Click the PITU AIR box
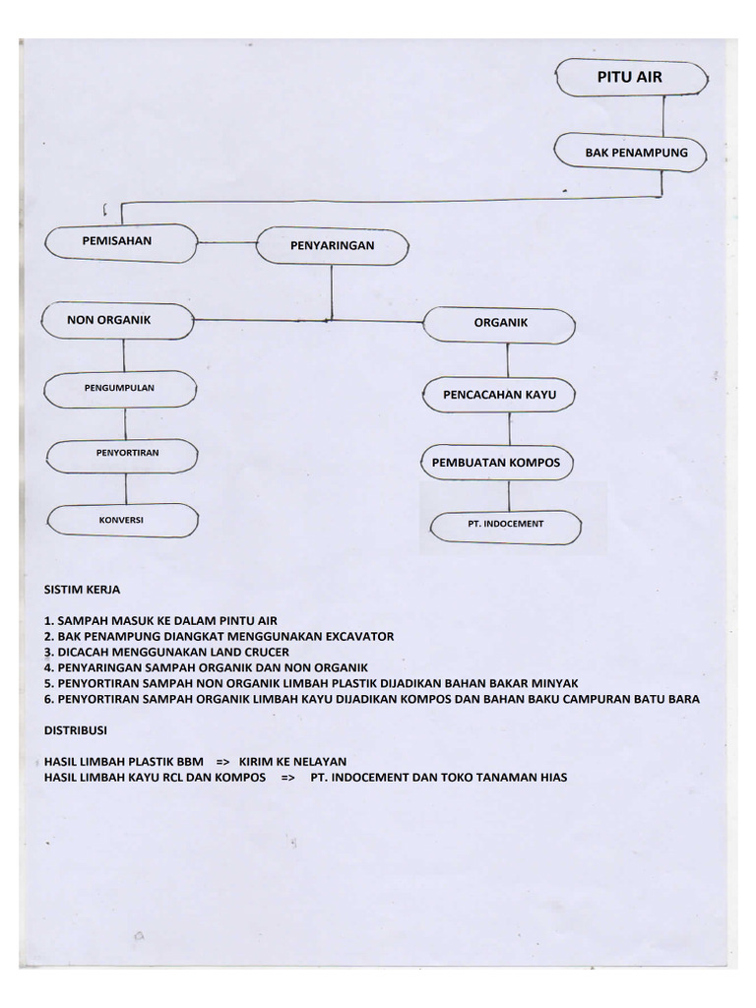point(630,78)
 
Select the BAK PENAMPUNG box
point(635,153)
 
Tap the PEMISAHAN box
point(117,240)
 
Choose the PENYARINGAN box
point(332,245)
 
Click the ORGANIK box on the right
point(500,323)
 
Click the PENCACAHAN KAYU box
point(500,395)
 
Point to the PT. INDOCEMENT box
point(505,525)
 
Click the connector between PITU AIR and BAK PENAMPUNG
point(664,115)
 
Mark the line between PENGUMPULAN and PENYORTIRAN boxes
point(124,422)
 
